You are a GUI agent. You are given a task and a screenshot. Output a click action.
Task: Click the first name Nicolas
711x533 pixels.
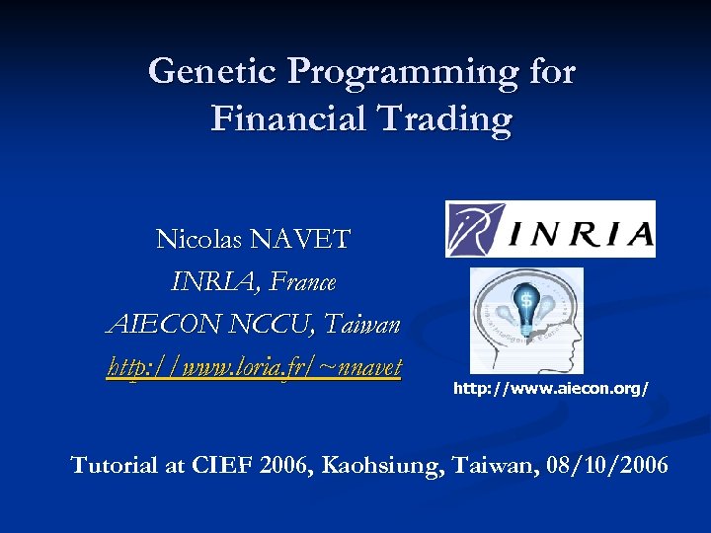(200, 239)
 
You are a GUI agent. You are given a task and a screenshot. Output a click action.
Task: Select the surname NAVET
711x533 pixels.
(300, 239)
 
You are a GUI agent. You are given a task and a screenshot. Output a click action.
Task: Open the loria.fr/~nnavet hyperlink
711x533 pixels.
(254, 368)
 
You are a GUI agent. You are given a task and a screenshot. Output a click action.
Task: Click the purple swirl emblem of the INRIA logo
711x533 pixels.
(477, 230)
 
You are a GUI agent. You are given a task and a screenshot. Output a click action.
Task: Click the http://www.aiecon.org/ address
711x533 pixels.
(550, 390)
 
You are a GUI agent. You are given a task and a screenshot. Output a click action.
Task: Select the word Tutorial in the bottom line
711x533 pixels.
(114, 465)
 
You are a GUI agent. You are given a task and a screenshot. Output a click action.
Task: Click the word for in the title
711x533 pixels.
(550, 71)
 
